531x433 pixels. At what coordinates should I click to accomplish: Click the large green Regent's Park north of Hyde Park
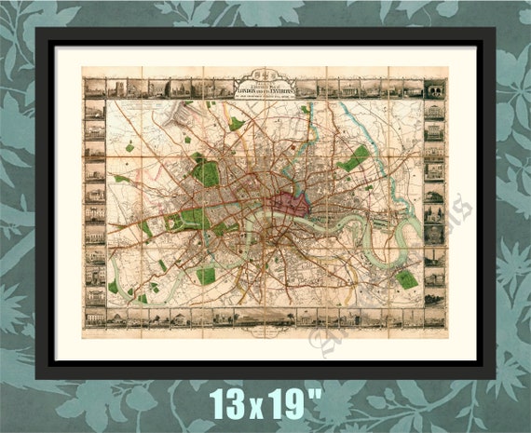[x=206, y=172]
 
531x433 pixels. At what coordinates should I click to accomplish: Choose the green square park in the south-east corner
[x=405, y=278]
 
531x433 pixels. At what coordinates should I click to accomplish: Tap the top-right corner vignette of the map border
[x=434, y=88]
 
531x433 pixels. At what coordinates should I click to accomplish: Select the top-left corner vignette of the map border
[x=93, y=88]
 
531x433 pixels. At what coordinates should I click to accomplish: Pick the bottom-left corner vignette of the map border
[x=93, y=318]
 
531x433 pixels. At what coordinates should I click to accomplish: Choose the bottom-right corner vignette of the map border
[x=434, y=318]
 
